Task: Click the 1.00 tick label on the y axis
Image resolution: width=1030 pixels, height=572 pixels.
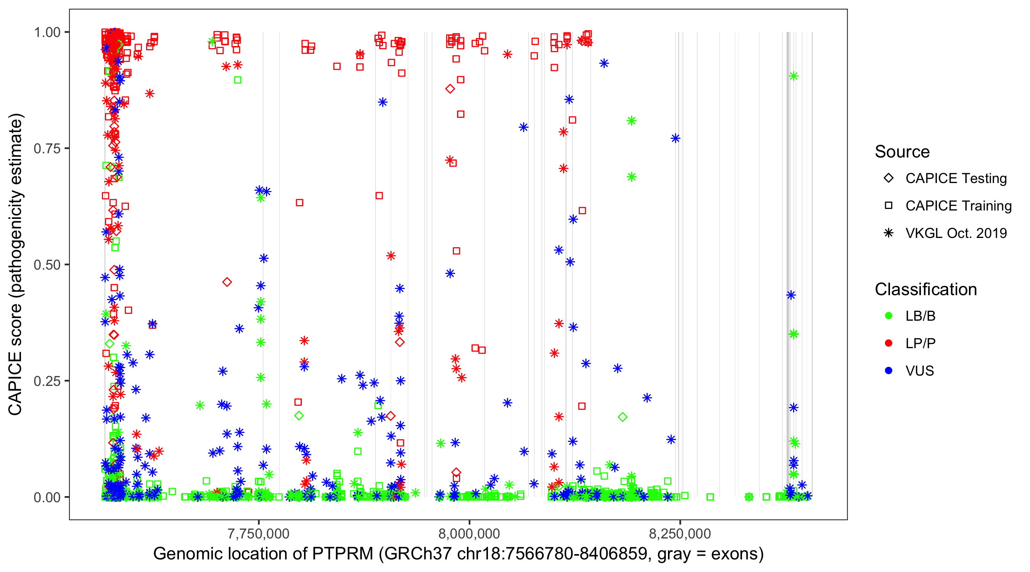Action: point(47,32)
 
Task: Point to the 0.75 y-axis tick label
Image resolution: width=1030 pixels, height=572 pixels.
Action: point(47,148)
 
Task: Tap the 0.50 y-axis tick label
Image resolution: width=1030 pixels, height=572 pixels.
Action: point(47,265)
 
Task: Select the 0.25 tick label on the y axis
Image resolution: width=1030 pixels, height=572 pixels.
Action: point(47,381)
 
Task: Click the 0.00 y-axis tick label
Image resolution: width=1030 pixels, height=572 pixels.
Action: point(47,497)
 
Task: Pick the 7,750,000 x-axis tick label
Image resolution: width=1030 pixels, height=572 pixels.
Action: point(258,533)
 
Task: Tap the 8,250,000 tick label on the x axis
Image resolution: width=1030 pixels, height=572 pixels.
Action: point(680,533)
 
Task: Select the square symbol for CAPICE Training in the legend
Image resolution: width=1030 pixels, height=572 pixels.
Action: point(888,206)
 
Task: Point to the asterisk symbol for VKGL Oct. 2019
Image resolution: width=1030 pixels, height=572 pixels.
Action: point(888,233)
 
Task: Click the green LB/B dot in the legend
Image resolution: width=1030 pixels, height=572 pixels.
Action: point(888,316)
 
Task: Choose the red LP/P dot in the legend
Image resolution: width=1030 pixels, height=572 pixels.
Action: point(888,343)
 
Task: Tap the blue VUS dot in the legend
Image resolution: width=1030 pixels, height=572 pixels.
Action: point(888,371)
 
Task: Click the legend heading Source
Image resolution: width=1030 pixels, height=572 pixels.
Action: point(902,152)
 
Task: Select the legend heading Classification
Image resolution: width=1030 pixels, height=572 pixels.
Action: point(925,289)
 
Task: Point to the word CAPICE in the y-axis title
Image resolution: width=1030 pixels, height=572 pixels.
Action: point(15,384)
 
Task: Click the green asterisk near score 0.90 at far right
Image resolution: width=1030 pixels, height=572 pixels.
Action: point(794,76)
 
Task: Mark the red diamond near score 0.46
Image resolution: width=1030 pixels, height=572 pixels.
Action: point(227,282)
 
